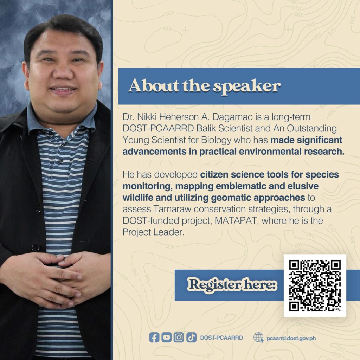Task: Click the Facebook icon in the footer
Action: (x=154, y=337)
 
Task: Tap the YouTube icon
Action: (x=166, y=337)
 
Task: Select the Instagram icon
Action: (x=179, y=337)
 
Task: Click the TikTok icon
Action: (x=191, y=337)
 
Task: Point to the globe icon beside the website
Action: (x=258, y=337)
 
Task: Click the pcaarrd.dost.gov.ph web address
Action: (x=291, y=338)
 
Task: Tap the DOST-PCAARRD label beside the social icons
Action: (x=221, y=338)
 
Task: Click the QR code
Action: (x=315, y=285)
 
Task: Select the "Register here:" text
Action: (x=232, y=285)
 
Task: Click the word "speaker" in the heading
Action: (x=247, y=87)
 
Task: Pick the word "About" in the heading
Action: (x=154, y=85)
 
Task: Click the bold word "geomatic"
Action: (x=231, y=198)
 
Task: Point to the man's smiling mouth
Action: (x=63, y=90)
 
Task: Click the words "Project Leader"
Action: (x=153, y=232)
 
